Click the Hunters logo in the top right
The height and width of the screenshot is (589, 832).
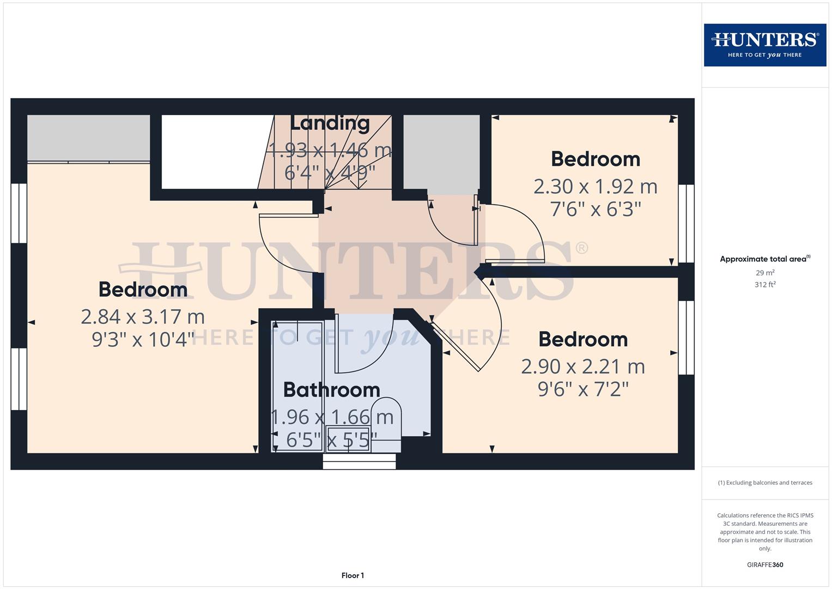tap(764, 45)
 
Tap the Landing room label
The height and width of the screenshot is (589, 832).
tap(330, 123)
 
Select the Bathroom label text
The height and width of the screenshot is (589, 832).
tap(331, 390)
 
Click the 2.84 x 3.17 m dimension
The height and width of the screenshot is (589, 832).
tap(143, 316)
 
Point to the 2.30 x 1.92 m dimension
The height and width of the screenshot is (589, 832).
tap(595, 187)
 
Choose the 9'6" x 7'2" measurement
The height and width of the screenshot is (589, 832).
tap(583, 389)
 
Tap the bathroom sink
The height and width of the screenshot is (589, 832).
tap(348, 440)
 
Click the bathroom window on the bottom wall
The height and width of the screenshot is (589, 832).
tap(359, 461)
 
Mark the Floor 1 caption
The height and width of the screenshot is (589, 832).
tap(353, 575)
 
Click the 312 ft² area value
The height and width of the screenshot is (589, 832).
tap(764, 285)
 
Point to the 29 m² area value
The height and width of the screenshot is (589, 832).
tap(764, 273)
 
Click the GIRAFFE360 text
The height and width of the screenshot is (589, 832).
tap(764, 565)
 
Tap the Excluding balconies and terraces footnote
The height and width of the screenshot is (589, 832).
tap(764, 483)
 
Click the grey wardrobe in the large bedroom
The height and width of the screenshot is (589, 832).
tap(89, 137)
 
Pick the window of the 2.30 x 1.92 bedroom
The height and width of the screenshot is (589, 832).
tap(686, 224)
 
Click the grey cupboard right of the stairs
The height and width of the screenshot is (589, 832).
tap(441, 151)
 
